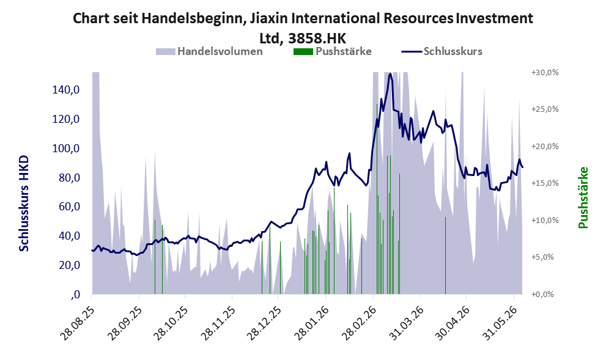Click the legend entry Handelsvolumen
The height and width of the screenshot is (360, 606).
click(209, 51)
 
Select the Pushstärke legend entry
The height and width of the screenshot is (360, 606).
click(333, 51)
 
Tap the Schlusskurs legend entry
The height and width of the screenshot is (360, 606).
click(442, 51)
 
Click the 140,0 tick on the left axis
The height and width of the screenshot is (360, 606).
click(65, 90)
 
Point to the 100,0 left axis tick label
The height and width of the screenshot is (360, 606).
click(65, 149)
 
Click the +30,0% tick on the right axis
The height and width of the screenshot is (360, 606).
click(545, 73)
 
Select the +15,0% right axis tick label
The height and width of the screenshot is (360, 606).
click(545, 183)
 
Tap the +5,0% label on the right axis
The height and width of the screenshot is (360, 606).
click(542, 257)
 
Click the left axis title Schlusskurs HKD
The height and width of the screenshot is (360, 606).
click(24, 204)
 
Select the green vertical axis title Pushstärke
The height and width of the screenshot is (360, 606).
click(583, 197)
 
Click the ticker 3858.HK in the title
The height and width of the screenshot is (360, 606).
click(317, 39)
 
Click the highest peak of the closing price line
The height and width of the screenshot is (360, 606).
click(390, 73)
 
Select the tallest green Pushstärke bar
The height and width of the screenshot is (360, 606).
click(377, 199)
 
